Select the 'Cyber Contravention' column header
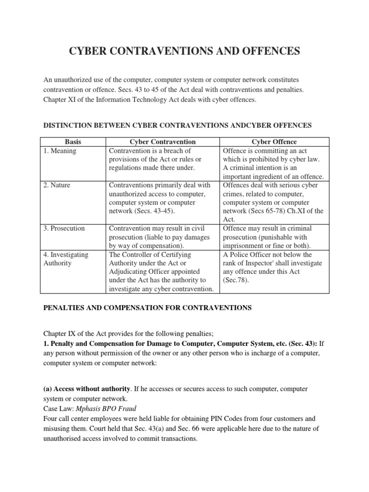click(163, 142)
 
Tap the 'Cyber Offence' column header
click(274, 142)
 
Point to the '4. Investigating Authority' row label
click(65, 259)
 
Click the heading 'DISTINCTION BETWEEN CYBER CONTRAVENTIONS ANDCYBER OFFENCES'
click(178, 125)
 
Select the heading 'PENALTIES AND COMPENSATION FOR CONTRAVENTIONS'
click(148, 308)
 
